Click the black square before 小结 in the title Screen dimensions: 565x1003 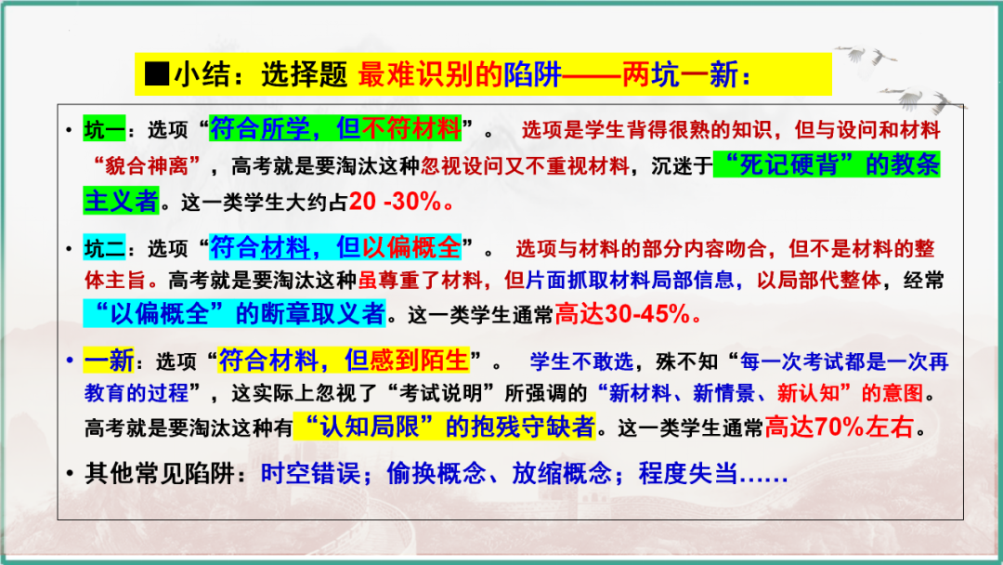[x=158, y=73]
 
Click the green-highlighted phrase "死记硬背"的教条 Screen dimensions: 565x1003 [x=827, y=164]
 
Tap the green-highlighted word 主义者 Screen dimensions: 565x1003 [x=121, y=200]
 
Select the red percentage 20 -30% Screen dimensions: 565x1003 [x=401, y=201]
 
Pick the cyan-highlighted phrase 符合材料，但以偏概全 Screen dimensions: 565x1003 [x=335, y=247]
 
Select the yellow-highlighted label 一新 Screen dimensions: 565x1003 [x=109, y=361]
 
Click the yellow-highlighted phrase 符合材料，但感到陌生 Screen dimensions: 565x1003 [x=343, y=360]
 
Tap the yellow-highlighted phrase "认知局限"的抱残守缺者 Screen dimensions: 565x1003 [x=443, y=427]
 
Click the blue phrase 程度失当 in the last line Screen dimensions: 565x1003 [x=688, y=474]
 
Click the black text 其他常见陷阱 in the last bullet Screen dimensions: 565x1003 [x=154, y=474]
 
